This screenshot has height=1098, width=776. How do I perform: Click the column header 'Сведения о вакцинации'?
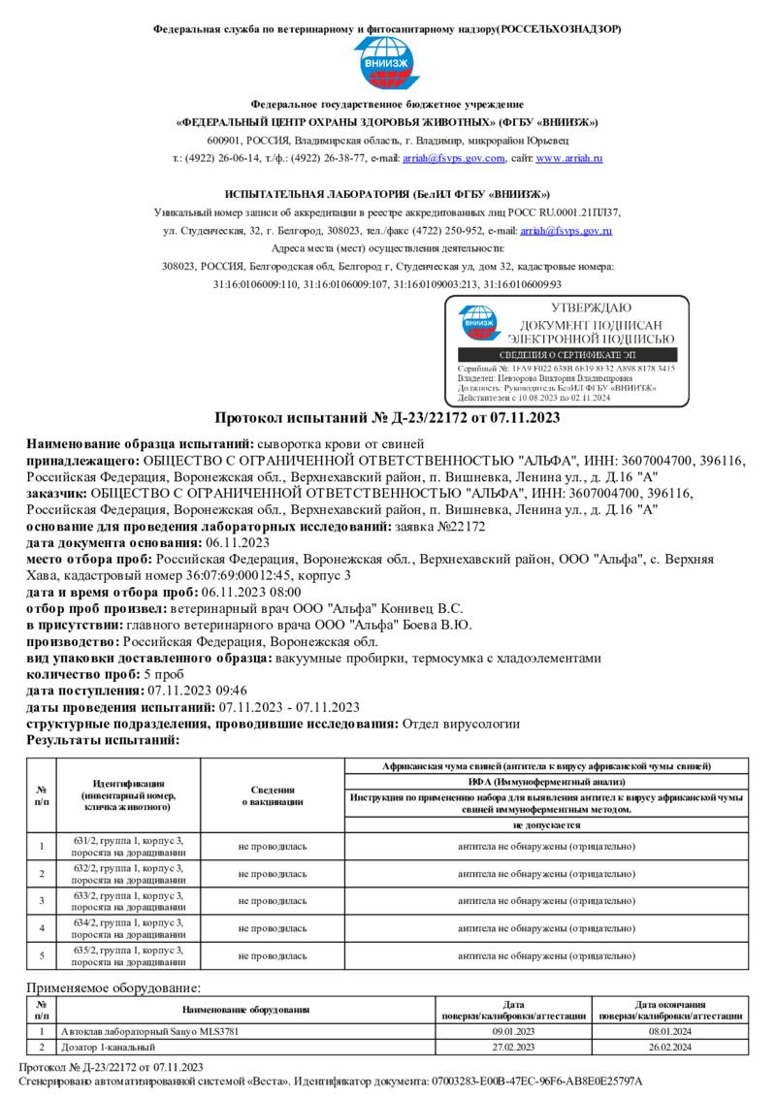coord(273,795)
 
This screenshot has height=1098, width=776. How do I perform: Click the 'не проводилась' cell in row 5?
coord(273,955)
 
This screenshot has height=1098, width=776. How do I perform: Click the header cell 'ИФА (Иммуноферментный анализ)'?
coord(546,782)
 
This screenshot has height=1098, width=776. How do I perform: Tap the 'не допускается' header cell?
coord(546,824)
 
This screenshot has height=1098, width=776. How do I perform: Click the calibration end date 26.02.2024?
coord(670,1048)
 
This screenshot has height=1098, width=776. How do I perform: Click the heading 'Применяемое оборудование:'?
coord(113,987)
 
